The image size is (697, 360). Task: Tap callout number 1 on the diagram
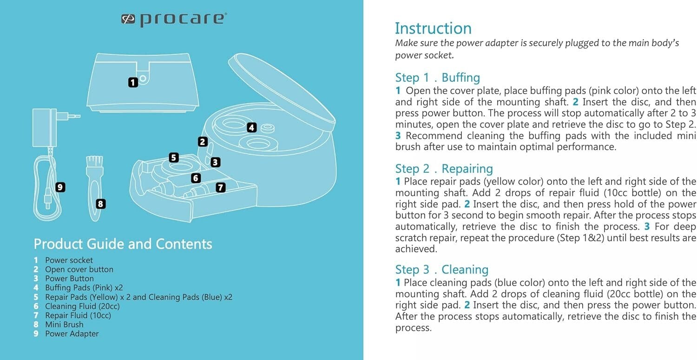[x=133, y=82]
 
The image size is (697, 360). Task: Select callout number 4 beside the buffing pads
[x=251, y=127]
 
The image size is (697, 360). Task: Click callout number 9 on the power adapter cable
[x=60, y=187]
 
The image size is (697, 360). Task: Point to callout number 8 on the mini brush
[x=100, y=203]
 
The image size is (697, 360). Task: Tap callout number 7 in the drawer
[x=220, y=187]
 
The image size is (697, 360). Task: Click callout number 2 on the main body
[x=202, y=142]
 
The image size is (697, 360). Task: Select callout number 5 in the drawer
[x=174, y=157]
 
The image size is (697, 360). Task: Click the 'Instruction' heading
[x=433, y=28]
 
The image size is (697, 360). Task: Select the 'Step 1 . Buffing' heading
[x=437, y=77]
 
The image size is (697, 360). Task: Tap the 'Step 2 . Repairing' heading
[x=444, y=168]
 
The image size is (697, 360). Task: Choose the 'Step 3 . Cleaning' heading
[x=441, y=269]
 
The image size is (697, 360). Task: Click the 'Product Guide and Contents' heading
[x=123, y=244]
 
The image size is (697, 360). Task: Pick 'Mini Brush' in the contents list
[x=64, y=324]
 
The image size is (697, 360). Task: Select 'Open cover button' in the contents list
[x=79, y=269]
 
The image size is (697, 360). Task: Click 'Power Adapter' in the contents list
[x=72, y=334]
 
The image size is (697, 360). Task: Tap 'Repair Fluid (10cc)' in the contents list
[x=78, y=315]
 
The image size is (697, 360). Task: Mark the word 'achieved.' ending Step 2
[x=409, y=249]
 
